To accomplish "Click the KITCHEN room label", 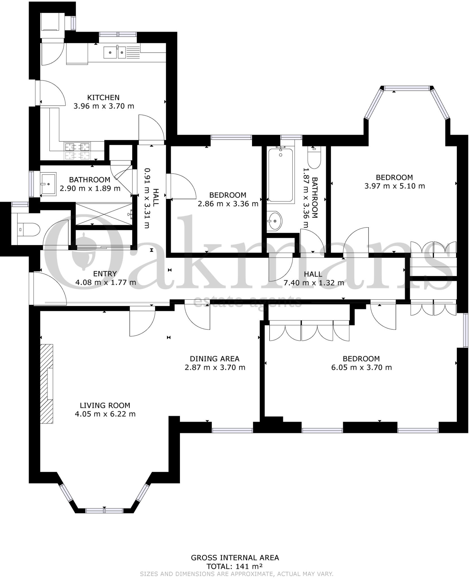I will pos(103,98).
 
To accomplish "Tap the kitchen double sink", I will pos(115,52).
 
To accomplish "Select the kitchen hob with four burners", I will pos(78,151).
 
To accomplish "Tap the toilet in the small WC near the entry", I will pos(28,230).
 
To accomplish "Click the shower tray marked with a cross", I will pos(104,214).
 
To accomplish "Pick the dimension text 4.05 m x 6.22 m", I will pos(105,414).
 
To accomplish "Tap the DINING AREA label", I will pos(214,359).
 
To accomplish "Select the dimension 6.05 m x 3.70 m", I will pos(361,368).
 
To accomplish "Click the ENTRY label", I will pos(105,274).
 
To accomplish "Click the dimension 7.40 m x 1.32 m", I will pos(314,283).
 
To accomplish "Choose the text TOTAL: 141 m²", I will pos(234,567).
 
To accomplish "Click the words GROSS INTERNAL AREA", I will pos(235,558).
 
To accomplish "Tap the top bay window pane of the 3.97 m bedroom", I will pos(407,88).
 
